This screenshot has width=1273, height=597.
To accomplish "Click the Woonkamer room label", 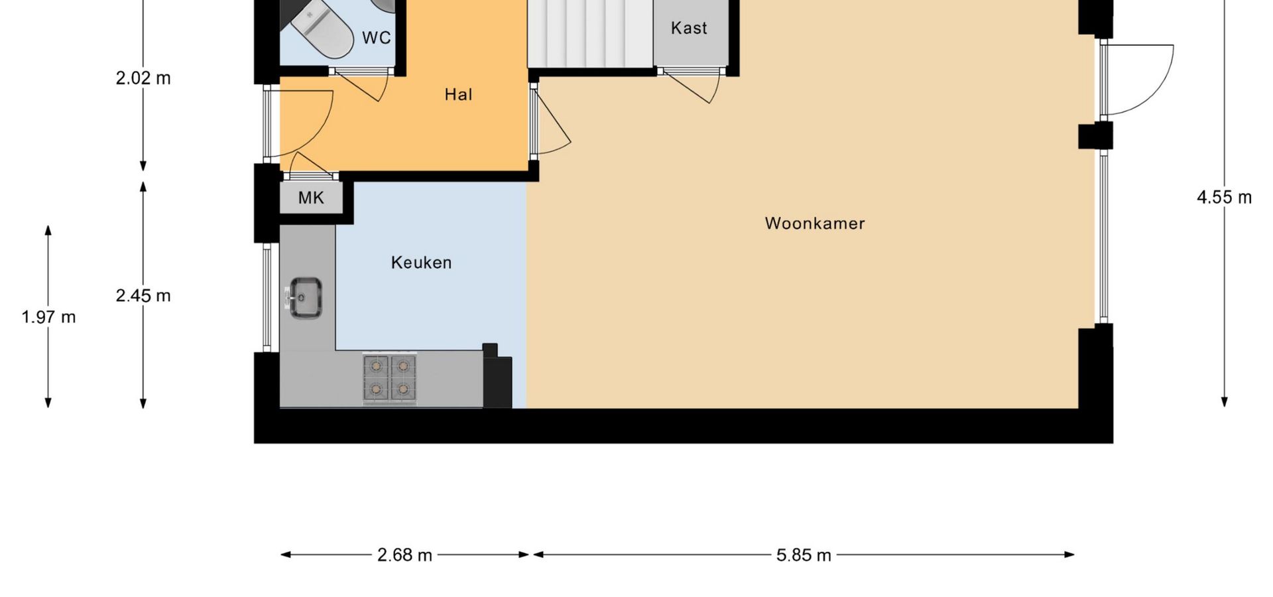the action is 815,224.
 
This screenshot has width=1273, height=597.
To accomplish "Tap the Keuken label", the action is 422,263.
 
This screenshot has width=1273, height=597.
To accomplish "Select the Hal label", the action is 458,95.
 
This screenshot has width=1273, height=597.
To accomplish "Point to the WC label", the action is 377,38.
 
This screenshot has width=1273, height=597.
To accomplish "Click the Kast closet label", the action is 689,28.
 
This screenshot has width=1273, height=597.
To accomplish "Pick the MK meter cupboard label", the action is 311,198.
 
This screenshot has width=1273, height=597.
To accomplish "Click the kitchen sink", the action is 304,297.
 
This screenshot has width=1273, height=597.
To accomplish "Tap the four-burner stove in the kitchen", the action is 390,379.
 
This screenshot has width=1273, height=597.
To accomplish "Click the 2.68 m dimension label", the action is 404,555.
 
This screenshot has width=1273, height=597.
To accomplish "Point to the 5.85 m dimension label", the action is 804,555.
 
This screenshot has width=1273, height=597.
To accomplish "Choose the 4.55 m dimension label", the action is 1224,197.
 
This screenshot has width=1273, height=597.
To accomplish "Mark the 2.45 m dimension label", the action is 143,295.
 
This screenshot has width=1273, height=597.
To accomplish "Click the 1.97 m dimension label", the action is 48,317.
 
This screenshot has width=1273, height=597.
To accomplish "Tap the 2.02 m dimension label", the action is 143,78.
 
